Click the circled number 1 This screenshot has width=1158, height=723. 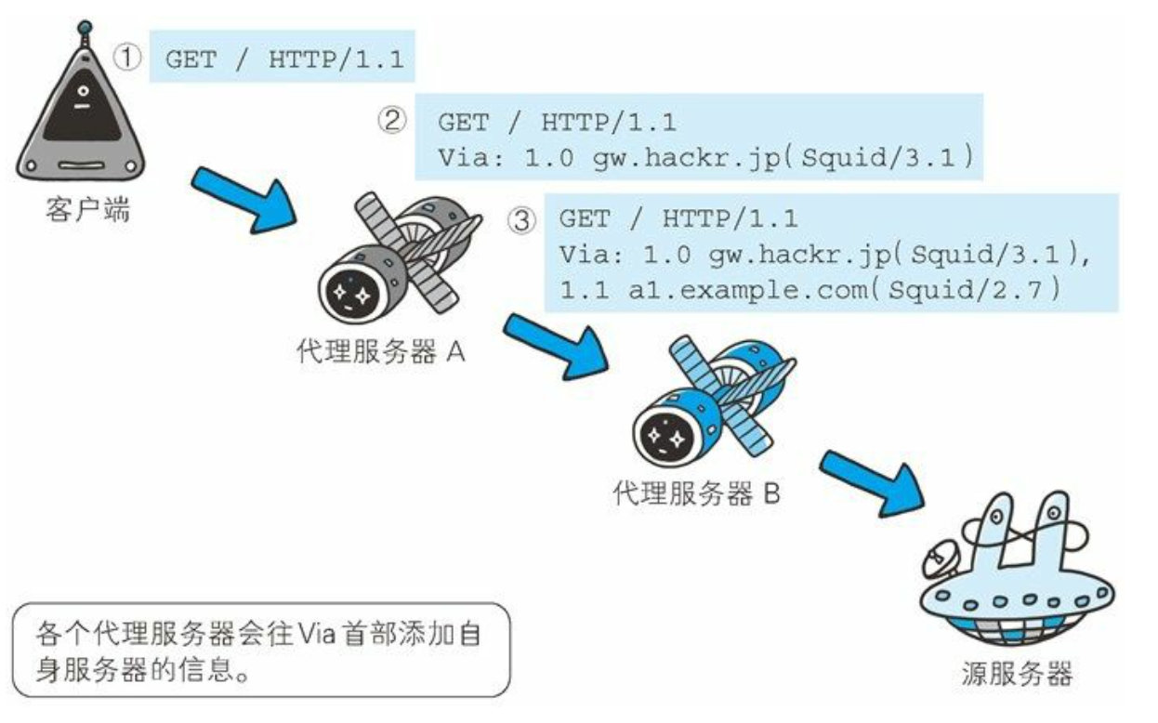128,58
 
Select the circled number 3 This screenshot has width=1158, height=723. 522,219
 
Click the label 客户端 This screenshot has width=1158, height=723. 86,212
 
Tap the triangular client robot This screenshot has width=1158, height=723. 82,121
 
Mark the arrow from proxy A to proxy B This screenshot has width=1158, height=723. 554,345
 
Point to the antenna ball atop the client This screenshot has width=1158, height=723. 86,27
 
